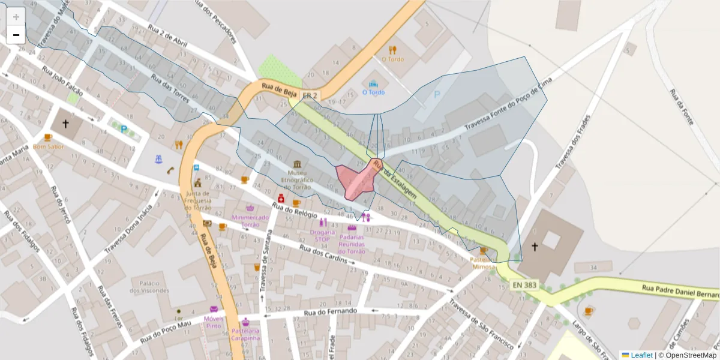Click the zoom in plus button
[16, 17]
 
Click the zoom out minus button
[16, 35]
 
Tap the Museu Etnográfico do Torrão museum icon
[298, 164]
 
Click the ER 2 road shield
[310, 95]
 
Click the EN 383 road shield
[524, 285]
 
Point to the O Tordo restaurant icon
[392, 50]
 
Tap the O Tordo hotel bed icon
[374, 83]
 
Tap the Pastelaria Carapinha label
[245, 334]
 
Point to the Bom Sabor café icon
[48, 137]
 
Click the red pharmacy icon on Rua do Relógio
[280, 199]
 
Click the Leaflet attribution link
[641, 355]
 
